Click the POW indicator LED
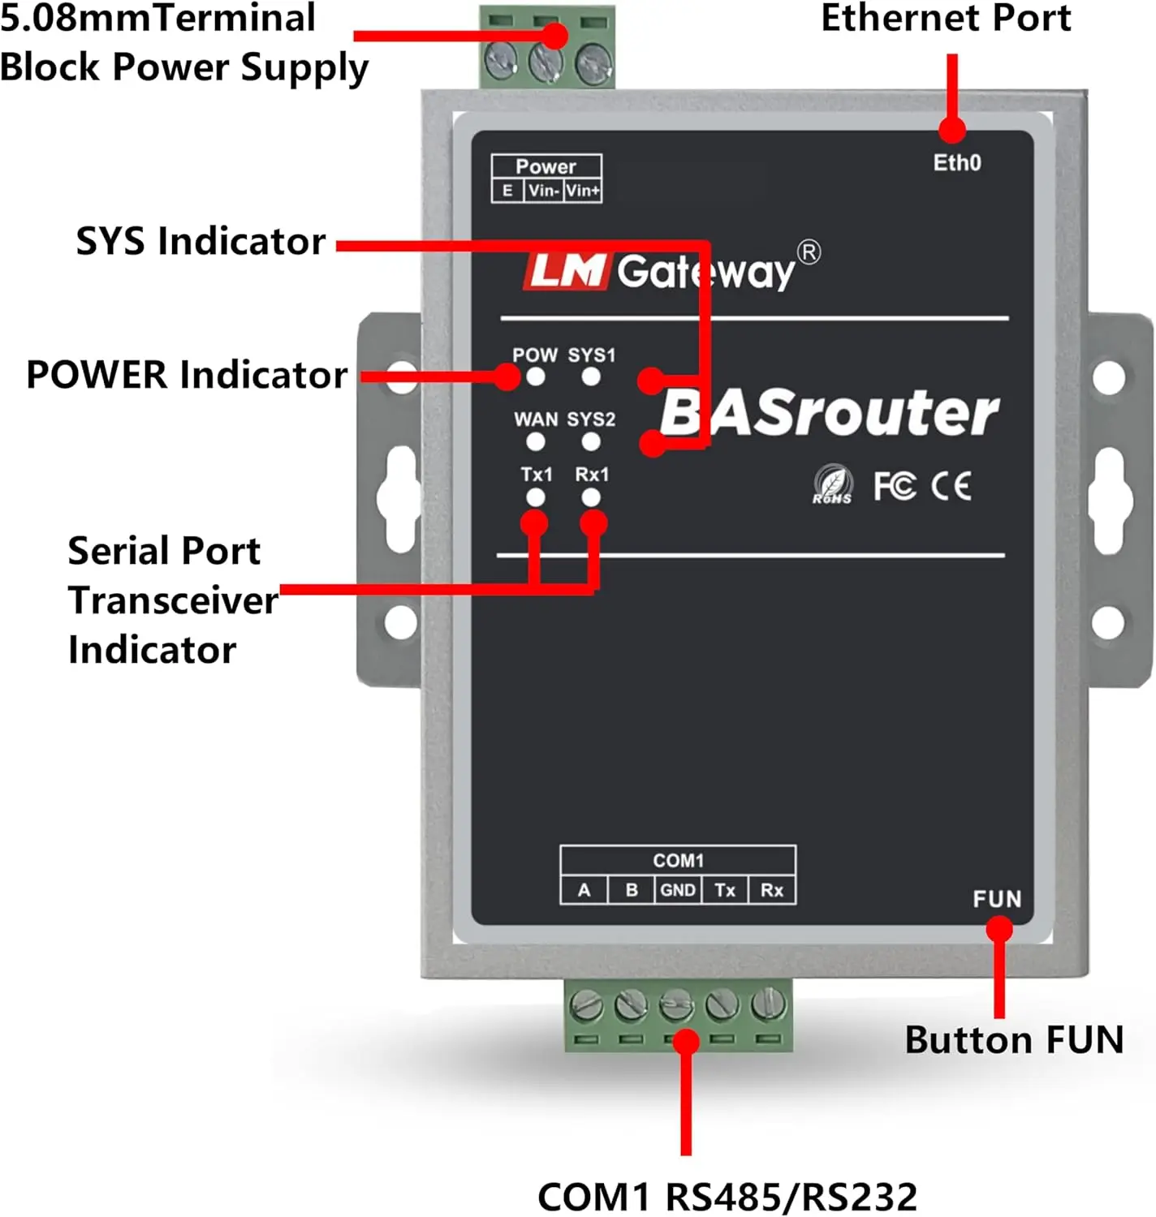pyautogui.click(x=535, y=377)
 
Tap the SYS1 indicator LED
pyautogui.click(x=591, y=377)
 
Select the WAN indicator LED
pyautogui.click(x=535, y=442)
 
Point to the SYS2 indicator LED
pyautogui.click(x=591, y=442)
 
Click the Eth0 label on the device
pyautogui.click(x=956, y=163)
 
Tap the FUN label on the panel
pyautogui.click(x=997, y=899)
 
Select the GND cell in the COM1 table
pyautogui.click(x=677, y=890)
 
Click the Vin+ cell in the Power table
pyautogui.click(x=583, y=191)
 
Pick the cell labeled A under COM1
pyautogui.click(x=584, y=890)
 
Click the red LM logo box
pyautogui.click(x=566, y=271)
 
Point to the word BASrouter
pyautogui.click(x=829, y=413)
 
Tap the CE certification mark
pyautogui.click(x=951, y=486)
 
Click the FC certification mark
pyautogui.click(x=894, y=486)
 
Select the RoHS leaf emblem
pyautogui.click(x=832, y=485)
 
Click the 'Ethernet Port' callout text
pyautogui.click(x=946, y=19)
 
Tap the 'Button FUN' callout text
pyautogui.click(x=1014, y=1039)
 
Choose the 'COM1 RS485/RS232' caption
pyautogui.click(x=727, y=1197)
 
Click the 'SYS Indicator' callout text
pyautogui.click(x=201, y=242)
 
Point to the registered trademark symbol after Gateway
pyautogui.click(x=809, y=252)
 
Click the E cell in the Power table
pyautogui.click(x=507, y=191)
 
